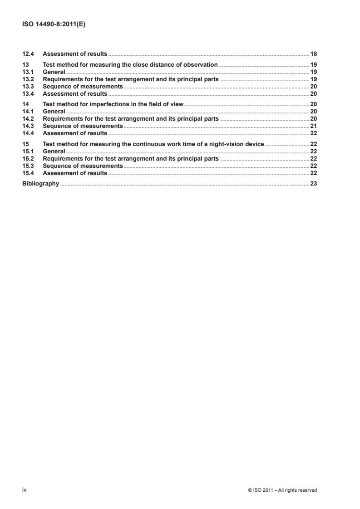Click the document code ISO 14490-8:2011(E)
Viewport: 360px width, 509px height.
(x=54, y=25)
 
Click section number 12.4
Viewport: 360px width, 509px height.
(x=28, y=54)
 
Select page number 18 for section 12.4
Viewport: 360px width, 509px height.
(x=313, y=54)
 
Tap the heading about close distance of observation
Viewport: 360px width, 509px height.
(x=130, y=65)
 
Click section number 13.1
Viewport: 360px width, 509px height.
(x=28, y=72)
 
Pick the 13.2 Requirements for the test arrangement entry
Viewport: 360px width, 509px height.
(x=131, y=79)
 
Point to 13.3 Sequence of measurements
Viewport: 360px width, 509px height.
(x=83, y=87)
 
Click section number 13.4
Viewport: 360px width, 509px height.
(x=28, y=94)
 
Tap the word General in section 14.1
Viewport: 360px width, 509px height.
(x=54, y=112)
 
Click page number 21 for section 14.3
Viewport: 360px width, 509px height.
(x=313, y=126)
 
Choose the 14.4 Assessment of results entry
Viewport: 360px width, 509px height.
(x=75, y=133)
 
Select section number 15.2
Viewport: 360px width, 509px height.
(x=28, y=159)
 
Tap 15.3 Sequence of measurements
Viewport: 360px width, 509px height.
(x=83, y=166)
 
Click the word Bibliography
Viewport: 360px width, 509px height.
(x=40, y=184)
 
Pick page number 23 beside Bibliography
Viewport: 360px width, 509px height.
(x=313, y=184)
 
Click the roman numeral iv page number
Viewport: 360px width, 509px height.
(x=25, y=490)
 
